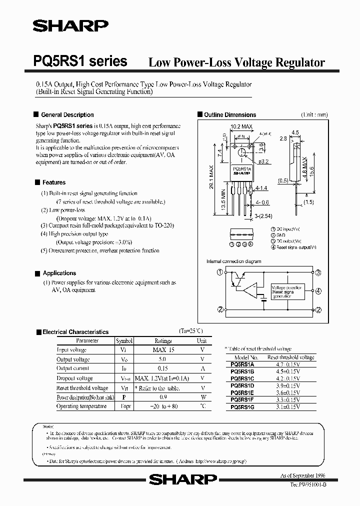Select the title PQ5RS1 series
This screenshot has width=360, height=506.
click(x=80, y=61)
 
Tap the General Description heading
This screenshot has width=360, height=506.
click(x=67, y=114)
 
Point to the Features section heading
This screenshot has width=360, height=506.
click(x=53, y=182)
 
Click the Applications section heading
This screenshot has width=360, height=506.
click(x=59, y=273)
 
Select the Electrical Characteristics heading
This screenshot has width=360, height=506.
click(x=75, y=331)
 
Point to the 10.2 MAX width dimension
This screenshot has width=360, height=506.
click(x=240, y=127)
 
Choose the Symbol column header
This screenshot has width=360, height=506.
click(x=124, y=340)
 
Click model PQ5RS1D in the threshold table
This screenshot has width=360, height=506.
click(x=242, y=386)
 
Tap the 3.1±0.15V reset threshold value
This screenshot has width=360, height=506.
click(x=290, y=408)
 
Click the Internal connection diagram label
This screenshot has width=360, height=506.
click(x=233, y=261)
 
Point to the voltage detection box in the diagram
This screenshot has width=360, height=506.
click(x=287, y=291)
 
